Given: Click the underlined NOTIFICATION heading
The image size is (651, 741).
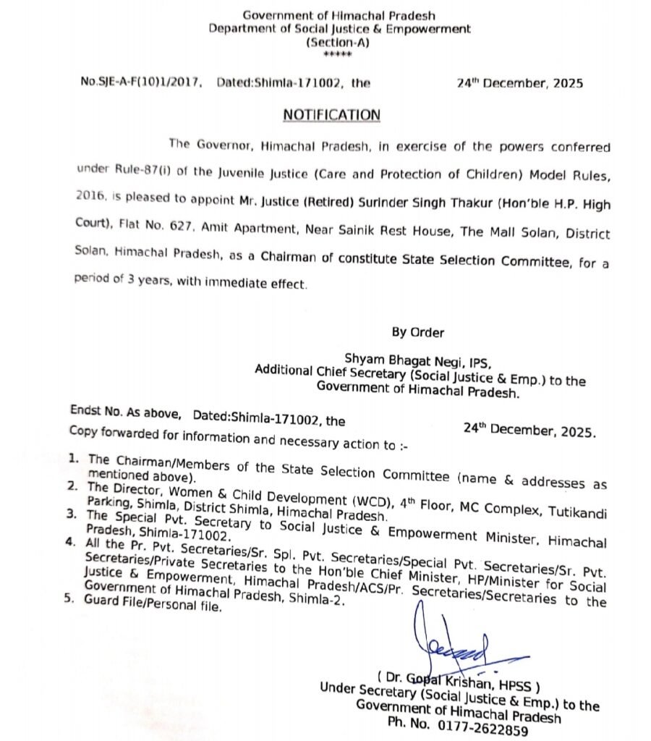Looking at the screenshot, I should [331, 115].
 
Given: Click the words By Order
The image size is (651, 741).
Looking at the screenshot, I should [418, 332].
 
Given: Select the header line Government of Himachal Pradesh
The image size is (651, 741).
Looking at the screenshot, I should [339, 15].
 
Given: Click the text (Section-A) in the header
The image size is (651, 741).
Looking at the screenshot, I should [339, 43].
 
